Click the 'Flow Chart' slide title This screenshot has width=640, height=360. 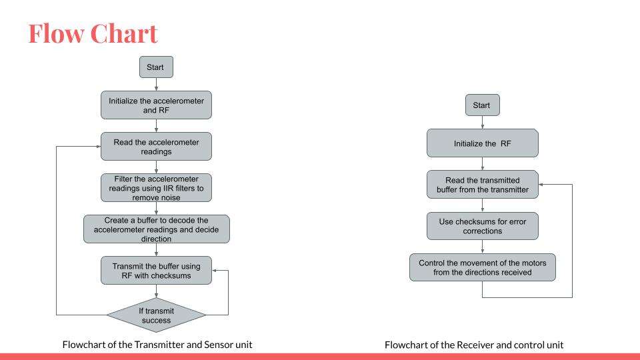tap(93, 33)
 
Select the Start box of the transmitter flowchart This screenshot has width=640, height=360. tap(156, 67)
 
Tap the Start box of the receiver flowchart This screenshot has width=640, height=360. tap(483, 105)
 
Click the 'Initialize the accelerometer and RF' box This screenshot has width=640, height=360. tap(156, 105)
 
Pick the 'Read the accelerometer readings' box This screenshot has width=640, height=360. tap(156, 147)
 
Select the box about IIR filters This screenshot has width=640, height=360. tap(156, 188)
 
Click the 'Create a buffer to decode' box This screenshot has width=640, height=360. tap(157, 229)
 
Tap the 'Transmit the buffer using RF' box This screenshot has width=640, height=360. tap(156, 270)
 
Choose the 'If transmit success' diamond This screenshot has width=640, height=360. tap(156, 315)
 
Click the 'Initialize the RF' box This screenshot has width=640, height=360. tap(483, 143)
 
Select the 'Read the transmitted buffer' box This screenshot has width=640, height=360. tap(483, 185)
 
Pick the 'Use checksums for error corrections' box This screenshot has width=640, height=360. tap(483, 226)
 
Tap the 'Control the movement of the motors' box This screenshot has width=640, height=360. tap(483, 267)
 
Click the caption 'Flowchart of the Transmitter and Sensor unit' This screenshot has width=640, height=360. tap(157, 345)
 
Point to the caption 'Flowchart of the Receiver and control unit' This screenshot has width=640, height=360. tap(474, 345)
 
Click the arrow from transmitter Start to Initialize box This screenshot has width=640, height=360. tap(156, 85)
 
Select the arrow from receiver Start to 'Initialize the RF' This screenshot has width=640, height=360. tap(483, 123)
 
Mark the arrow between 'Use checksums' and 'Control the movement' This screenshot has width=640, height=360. tap(483, 247)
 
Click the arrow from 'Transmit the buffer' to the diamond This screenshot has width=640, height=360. tap(156, 291)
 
